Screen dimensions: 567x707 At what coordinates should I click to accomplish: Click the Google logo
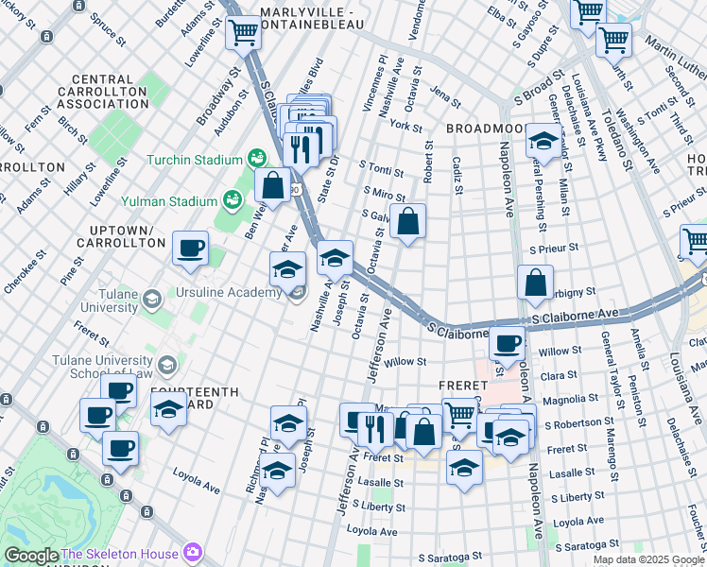30,556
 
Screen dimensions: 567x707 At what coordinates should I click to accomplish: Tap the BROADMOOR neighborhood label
486,128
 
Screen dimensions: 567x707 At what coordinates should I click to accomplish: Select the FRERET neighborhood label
462,386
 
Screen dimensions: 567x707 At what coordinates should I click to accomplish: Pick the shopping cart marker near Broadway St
243,33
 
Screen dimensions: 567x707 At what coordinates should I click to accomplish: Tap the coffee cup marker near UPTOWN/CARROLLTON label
190,248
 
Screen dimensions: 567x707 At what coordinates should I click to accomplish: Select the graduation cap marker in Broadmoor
543,141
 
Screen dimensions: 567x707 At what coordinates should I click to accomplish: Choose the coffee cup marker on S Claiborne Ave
508,343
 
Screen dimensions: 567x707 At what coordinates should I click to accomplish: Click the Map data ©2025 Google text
648,559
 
